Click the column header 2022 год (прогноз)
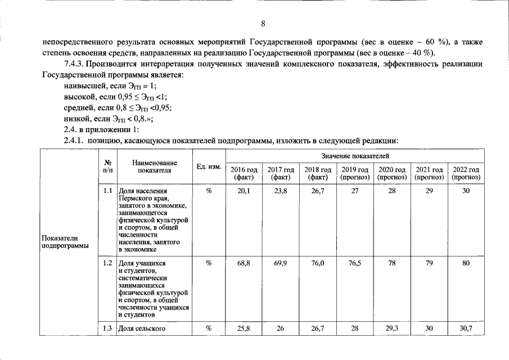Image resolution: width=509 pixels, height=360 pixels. click(466, 173)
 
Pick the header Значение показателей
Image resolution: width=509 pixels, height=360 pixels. click(355, 155)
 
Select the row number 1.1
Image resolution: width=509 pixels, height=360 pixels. click(108, 191)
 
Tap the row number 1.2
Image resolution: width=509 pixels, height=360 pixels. click(108, 263)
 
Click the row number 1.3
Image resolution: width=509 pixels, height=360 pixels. click(108, 328)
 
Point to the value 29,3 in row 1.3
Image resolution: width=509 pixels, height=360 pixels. click(392, 328)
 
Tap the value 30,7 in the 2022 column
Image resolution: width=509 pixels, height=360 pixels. click(466, 328)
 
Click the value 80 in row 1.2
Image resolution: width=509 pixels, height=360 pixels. click(466, 263)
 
